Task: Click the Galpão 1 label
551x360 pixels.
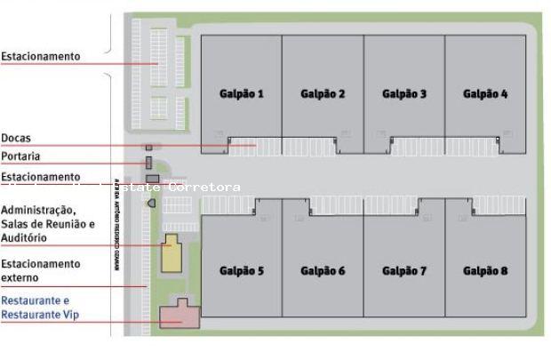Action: pyautogui.click(x=242, y=93)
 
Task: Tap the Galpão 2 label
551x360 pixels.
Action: pyautogui.click(x=323, y=93)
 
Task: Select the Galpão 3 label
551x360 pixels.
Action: pyautogui.click(x=404, y=93)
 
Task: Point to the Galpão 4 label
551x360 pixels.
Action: pyautogui.click(x=485, y=93)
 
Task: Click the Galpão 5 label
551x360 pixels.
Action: pyautogui.click(x=242, y=270)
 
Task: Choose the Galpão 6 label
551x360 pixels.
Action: pyautogui.click(x=323, y=270)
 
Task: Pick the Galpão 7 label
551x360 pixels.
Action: pyautogui.click(x=404, y=270)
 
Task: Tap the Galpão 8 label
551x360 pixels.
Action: pyautogui.click(x=485, y=270)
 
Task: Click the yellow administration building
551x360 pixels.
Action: pyautogui.click(x=170, y=255)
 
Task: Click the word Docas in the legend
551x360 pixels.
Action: pyautogui.click(x=16, y=138)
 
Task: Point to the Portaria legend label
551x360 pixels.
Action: pyautogui.click(x=20, y=156)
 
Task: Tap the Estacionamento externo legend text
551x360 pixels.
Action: pyautogui.click(x=40, y=271)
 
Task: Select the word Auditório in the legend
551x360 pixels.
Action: pyautogui.click(x=24, y=238)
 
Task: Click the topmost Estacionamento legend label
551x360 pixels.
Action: pyautogui.click(x=40, y=56)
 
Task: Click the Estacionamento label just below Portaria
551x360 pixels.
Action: pyautogui.click(x=40, y=177)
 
